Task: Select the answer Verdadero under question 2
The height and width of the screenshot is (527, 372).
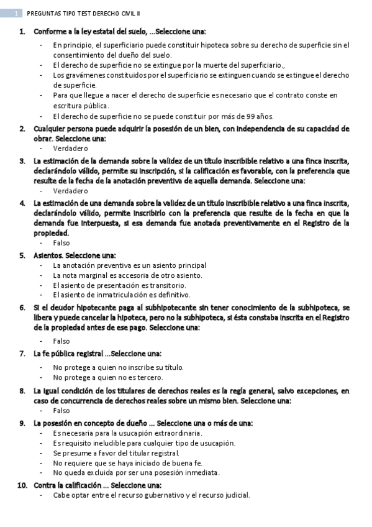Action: point(71,149)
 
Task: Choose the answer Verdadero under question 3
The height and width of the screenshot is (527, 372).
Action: point(71,191)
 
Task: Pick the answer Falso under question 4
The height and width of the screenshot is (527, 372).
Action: point(61,243)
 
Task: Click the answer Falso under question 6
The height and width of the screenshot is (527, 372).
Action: point(61,341)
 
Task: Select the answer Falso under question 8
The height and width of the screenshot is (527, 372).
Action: point(61,410)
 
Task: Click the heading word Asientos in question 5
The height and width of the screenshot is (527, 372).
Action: point(47,255)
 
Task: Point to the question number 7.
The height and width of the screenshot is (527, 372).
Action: point(22,353)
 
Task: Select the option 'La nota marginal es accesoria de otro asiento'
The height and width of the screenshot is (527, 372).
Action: point(127,275)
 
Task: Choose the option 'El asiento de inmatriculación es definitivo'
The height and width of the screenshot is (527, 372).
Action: point(122,295)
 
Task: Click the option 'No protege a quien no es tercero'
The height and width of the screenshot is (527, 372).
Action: point(108,377)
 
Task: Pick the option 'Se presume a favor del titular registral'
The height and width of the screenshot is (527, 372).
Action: point(116,453)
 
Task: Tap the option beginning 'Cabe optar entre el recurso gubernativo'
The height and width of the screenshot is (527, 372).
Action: point(152,495)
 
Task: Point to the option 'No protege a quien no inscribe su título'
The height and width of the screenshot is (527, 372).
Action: point(118,367)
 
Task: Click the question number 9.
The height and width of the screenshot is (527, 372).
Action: point(22,423)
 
